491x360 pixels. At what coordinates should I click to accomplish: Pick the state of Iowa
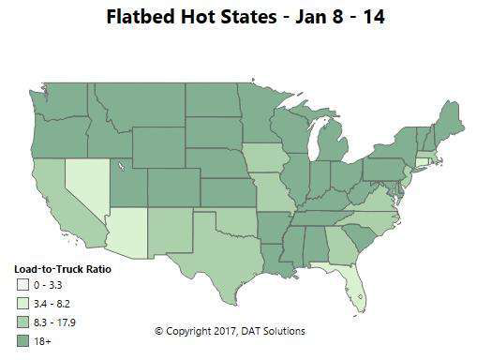click(x=266, y=160)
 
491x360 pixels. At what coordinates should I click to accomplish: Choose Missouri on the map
click(x=275, y=197)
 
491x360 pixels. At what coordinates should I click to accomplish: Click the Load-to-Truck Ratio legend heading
click(x=58, y=264)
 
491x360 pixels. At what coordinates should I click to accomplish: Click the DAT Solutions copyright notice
click(x=230, y=331)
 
